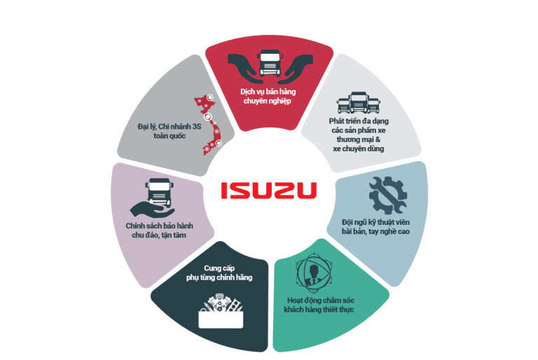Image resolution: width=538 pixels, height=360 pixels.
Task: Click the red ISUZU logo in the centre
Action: pos(269,190)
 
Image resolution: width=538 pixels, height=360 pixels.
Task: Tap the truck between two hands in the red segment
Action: pos(270,63)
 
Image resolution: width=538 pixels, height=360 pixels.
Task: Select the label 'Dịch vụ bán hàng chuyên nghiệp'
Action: pos(268,96)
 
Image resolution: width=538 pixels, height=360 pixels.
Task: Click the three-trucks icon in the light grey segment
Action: pos(359,102)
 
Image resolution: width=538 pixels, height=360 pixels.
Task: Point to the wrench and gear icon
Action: pos(387,195)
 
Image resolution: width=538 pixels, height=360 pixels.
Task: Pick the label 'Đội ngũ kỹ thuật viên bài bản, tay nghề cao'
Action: pos(375,227)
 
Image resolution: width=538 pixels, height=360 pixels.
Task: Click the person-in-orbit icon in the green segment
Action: pos(314,273)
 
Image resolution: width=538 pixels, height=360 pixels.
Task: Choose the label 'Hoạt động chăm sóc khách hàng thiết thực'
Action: pos(319,305)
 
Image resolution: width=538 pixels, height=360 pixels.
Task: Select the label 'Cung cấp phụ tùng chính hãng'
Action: pos(219,273)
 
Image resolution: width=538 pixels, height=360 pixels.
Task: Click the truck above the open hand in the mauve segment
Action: pos(159,192)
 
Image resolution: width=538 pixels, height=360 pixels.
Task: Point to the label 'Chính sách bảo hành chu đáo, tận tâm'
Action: pos(159,230)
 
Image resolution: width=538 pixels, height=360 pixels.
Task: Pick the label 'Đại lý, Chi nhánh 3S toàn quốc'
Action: pos(170,131)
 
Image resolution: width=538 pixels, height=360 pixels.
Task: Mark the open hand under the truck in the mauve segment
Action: pos(152,209)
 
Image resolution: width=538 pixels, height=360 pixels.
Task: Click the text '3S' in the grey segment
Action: pos(197,127)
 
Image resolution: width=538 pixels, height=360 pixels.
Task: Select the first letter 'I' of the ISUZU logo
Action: pos(223,190)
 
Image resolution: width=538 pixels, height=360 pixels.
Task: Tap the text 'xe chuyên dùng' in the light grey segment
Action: pos(359,148)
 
